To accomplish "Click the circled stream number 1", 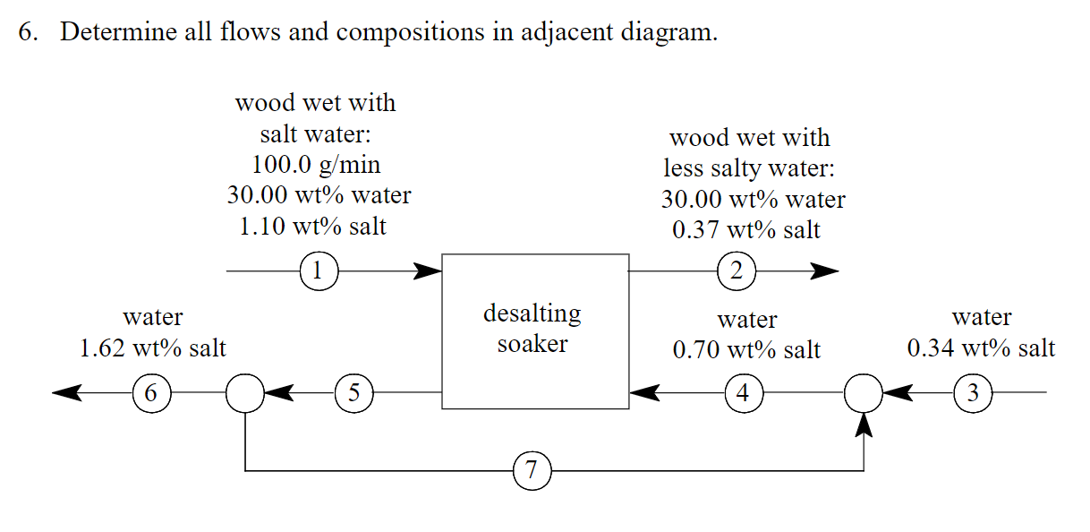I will [319, 269].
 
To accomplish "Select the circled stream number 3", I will [973, 392].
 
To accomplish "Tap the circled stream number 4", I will [742, 392].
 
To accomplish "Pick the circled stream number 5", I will [353, 392].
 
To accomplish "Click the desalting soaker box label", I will [532, 328].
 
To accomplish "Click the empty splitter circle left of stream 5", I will [244, 392].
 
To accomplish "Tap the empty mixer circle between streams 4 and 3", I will [864, 392].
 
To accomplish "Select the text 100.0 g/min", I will [315, 165].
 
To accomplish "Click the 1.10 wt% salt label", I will [313, 226].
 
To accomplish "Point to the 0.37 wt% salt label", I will [745, 230].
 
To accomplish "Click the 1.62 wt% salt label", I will [153, 348].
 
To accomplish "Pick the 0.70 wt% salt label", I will [745, 349].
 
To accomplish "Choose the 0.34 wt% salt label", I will [981, 348].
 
